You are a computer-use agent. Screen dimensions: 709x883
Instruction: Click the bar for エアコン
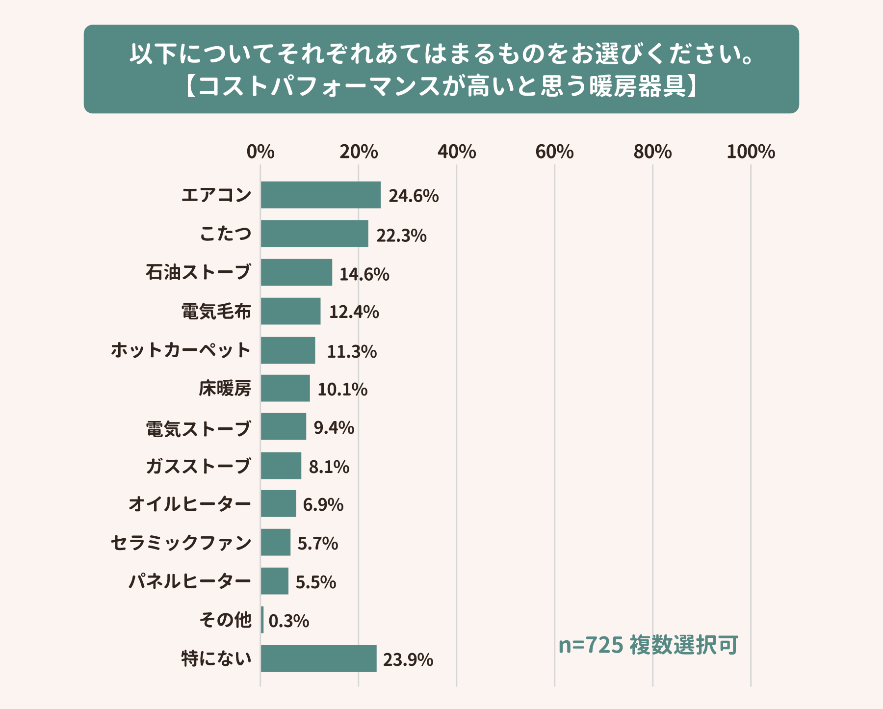point(321,195)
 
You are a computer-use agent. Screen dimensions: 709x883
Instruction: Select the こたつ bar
point(314,234)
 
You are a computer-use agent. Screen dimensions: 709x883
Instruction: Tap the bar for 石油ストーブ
point(296,272)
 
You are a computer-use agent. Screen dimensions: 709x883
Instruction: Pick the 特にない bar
point(318,658)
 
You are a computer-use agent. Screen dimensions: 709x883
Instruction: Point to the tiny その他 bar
point(262,620)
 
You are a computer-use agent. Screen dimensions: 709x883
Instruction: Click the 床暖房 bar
point(285,388)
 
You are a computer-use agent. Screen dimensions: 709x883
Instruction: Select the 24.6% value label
point(414,196)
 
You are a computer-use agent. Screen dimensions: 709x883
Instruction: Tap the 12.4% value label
point(354,312)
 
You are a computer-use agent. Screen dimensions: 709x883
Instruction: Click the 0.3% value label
point(289,621)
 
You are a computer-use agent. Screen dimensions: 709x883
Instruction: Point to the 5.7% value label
point(318,544)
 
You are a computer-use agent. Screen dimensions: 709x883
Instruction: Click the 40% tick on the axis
point(457,152)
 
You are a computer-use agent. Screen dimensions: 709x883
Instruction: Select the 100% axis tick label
point(751,152)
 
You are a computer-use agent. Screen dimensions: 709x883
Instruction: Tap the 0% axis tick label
point(260,152)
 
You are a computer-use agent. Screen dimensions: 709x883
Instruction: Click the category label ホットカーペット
point(181,350)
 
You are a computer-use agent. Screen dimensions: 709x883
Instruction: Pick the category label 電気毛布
point(216,312)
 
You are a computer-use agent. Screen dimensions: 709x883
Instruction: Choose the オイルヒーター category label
point(190,504)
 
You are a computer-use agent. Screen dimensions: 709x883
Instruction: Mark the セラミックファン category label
point(181,543)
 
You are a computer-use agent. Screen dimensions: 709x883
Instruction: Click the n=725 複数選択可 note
point(648,645)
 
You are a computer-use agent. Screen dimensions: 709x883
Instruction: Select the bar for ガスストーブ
point(281,466)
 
